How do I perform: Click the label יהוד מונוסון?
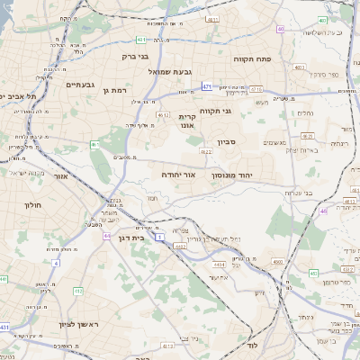coord(264,174)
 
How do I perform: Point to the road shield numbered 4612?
coord(163,115)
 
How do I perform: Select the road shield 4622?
coord(206,152)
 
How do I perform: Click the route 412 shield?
coord(159,239)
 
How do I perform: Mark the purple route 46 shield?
coord(323,211)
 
